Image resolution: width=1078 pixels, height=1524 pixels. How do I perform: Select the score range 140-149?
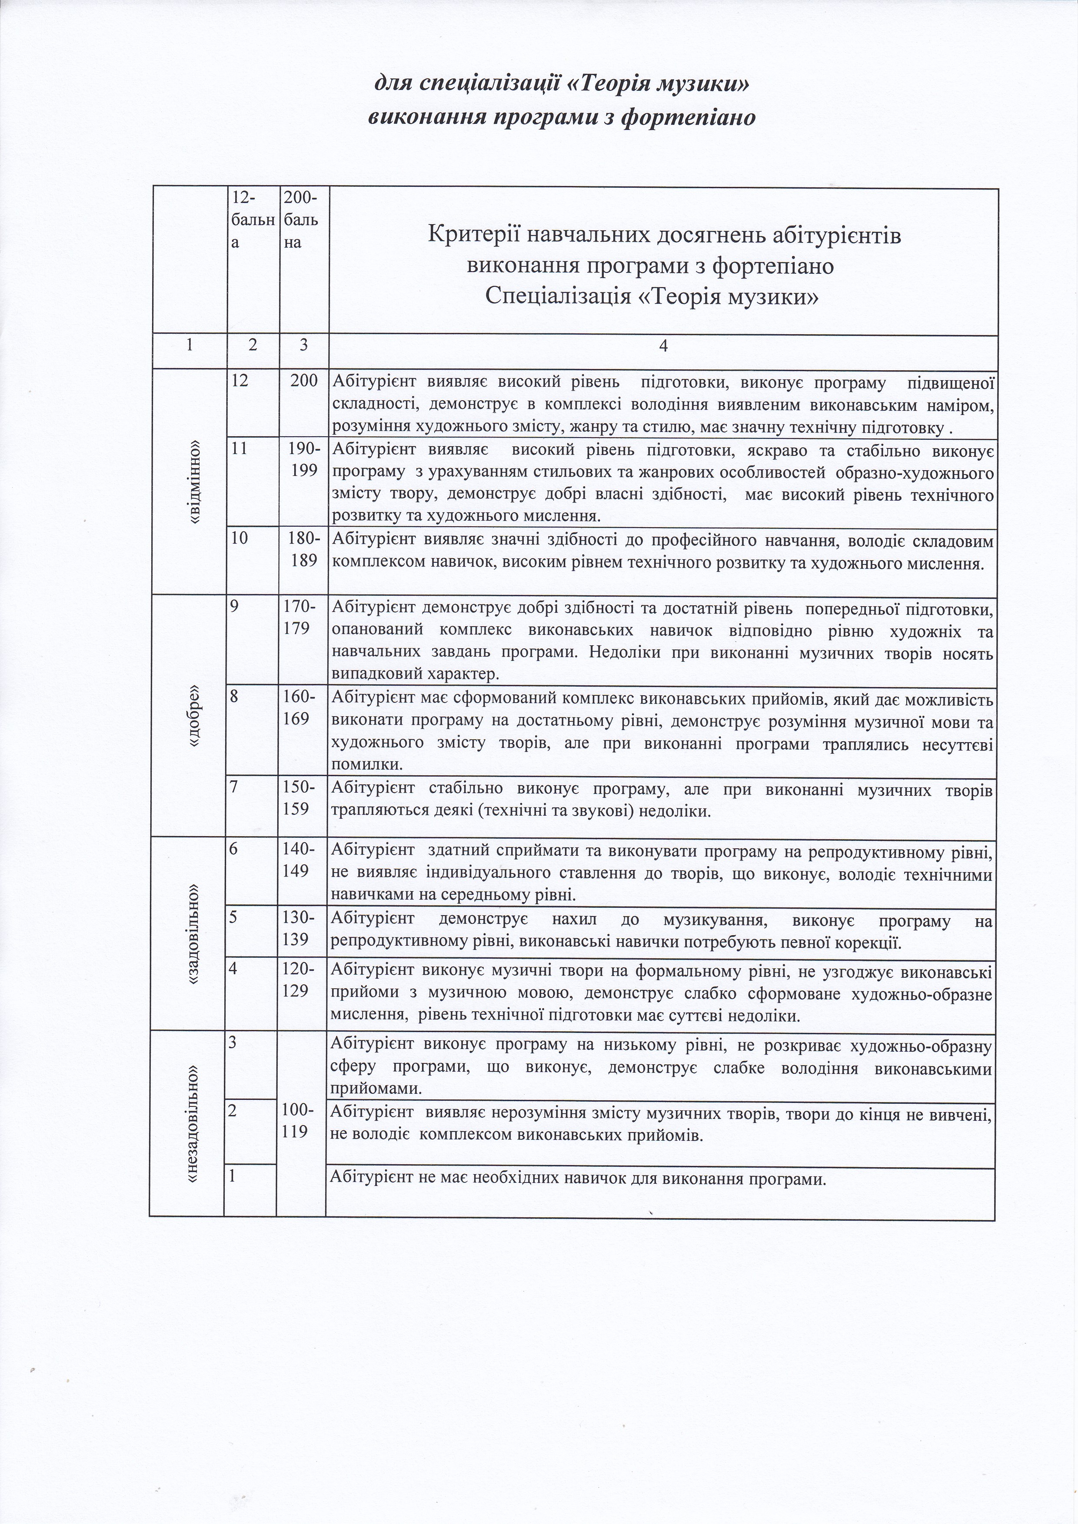(304, 860)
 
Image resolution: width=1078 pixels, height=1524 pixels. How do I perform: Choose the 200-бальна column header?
(301, 219)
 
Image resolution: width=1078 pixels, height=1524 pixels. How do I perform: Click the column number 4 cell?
(663, 346)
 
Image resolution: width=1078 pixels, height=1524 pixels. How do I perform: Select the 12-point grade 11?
(239, 449)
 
